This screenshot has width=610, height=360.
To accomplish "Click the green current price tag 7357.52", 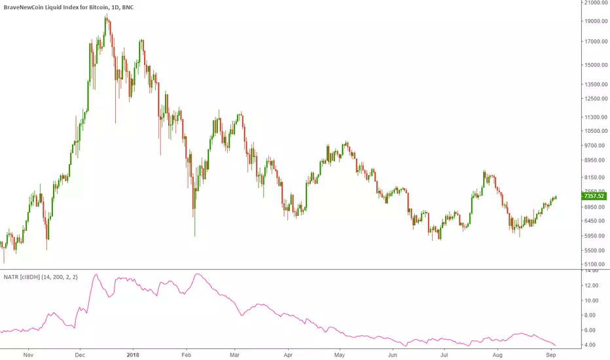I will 592,196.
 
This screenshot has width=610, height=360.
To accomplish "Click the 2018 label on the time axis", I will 133,354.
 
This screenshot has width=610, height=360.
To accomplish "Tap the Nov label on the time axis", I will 28,354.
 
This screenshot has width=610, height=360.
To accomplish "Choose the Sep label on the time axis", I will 551,354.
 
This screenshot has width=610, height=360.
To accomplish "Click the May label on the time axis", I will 340,354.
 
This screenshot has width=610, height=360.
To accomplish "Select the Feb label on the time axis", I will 186,354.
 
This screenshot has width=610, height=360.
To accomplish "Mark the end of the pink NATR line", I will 556,345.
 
